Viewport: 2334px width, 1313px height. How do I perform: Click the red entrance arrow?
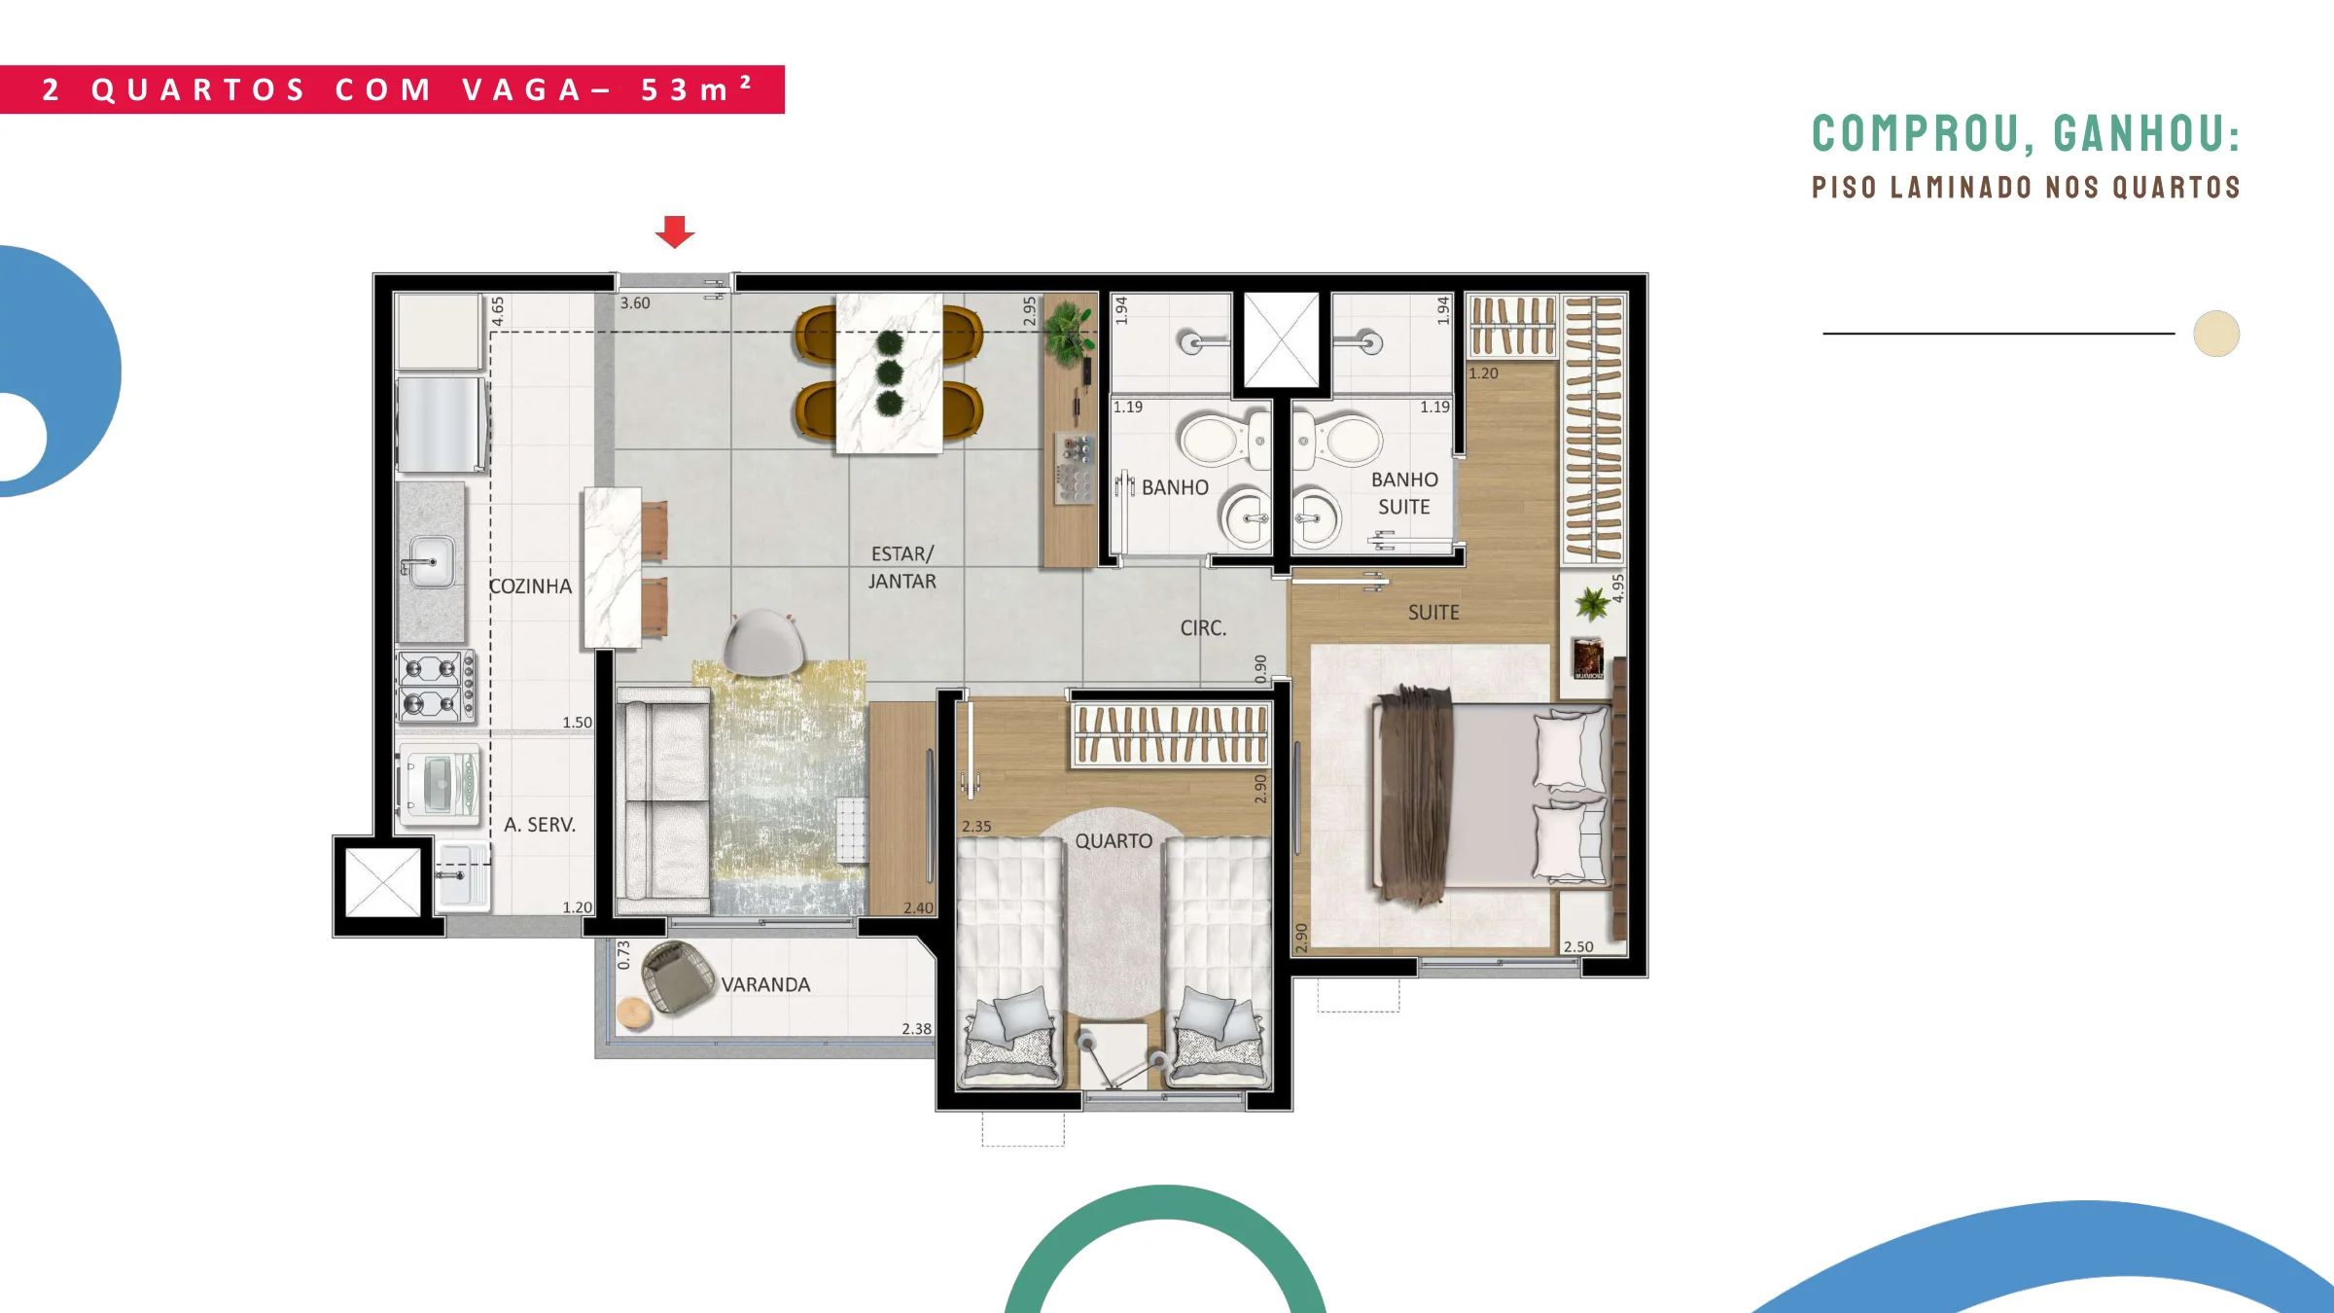tap(675, 231)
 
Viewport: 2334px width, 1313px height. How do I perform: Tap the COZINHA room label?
tap(530, 586)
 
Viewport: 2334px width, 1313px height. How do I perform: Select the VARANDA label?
tap(765, 984)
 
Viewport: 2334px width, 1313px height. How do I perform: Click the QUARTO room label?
tap(1114, 840)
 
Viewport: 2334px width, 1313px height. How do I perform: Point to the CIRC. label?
tap(1203, 628)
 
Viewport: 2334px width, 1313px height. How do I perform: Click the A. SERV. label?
tap(540, 825)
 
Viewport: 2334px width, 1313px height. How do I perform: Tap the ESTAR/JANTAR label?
tap(902, 567)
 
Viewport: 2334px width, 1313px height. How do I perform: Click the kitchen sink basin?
tap(431, 561)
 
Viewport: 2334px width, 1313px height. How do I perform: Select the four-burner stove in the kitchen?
tap(436, 686)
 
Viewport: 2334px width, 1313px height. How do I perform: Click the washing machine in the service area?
tap(440, 784)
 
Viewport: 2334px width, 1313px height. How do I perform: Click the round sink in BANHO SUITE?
tap(1316, 516)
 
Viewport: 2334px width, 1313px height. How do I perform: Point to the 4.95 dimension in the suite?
tap(1617, 587)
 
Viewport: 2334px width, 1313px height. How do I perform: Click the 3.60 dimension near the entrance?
tap(635, 303)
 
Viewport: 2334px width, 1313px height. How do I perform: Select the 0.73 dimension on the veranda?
tap(623, 955)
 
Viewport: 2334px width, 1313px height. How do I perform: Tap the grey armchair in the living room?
tap(764, 642)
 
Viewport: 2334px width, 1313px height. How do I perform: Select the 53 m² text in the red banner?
tap(696, 89)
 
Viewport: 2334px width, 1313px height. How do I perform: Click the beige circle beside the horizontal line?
tap(2216, 334)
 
